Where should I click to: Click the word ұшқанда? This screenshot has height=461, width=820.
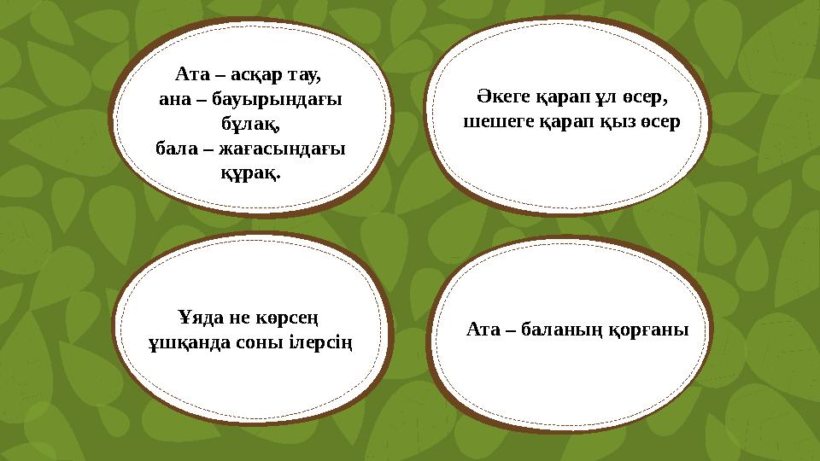[180, 343]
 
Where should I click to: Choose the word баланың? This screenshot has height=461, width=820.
[561, 330]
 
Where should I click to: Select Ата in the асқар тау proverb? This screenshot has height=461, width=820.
[190, 74]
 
